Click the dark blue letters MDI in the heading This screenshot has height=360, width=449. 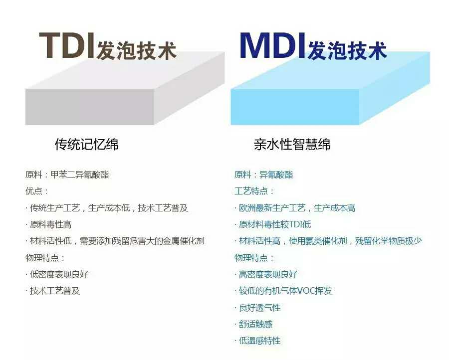point(272,45)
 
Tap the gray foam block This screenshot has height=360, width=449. point(125,88)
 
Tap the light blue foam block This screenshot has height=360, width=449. point(330,88)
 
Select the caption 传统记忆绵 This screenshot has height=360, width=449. point(86,144)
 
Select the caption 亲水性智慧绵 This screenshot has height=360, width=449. point(292,144)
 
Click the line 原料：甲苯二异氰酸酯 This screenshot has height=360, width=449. point(67,175)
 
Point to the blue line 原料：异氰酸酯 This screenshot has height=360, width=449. point(264,175)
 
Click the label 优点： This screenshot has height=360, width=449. point(36,191)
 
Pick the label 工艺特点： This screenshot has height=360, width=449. point(254,191)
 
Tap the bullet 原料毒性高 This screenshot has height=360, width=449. point(48,224)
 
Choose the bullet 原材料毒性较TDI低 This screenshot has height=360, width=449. point(272,224)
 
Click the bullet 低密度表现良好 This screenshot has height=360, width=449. point(57,274)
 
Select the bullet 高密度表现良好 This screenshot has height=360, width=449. point(266,274)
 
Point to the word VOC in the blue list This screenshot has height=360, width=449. point(306,291)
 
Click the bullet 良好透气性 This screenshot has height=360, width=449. point(257,308)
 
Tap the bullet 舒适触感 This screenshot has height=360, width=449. point(253,324)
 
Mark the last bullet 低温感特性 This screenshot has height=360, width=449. point(257,341)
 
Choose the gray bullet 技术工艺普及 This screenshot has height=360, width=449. point(52,291)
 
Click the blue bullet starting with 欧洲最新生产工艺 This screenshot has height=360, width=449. point(295,208)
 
